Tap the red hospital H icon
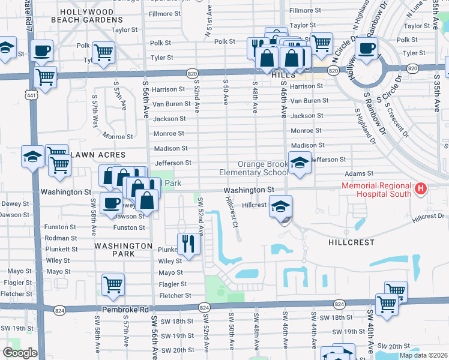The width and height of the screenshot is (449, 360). [x=421, y=190]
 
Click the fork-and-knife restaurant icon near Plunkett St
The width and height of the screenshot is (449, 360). [x=188, y=244]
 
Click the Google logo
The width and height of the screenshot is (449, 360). [x=20, y=353]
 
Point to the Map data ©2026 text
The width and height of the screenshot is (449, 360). [x=423, y=355]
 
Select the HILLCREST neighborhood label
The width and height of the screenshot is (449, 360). [x=352, y=242]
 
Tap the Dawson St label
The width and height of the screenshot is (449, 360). [x=13, y=215]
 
